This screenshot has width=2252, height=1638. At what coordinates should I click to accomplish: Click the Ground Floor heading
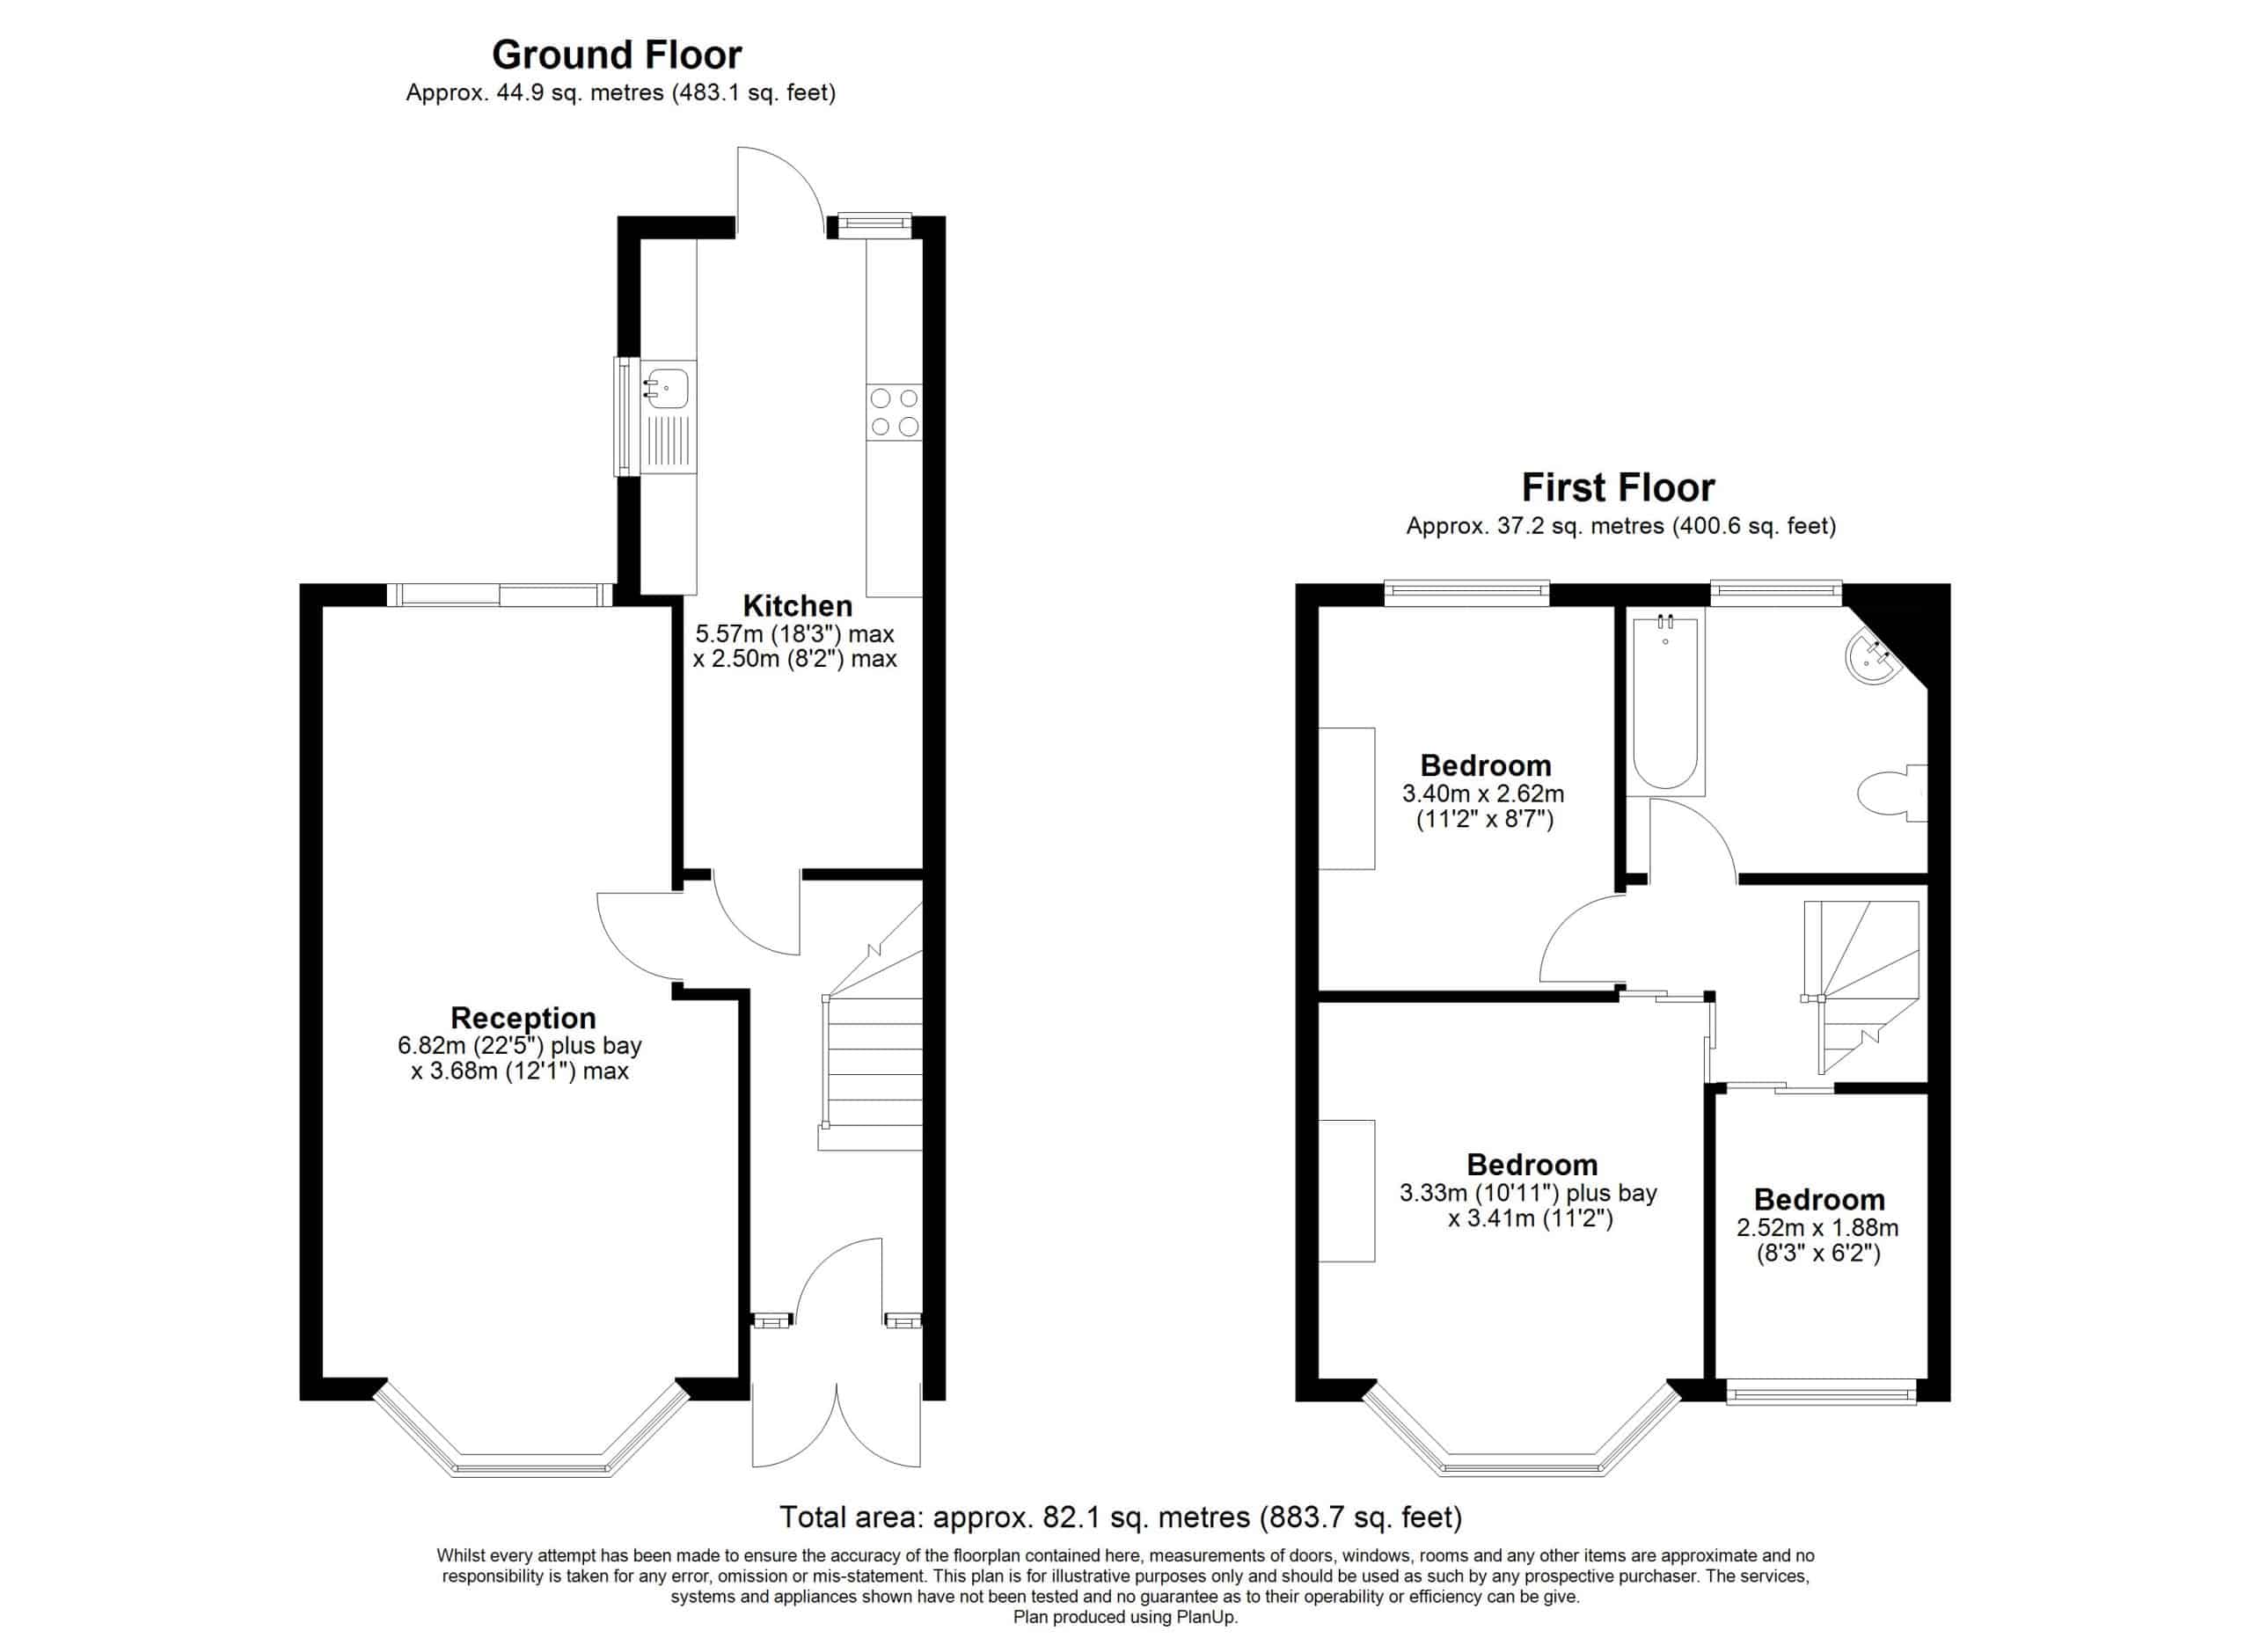tap(617, 55)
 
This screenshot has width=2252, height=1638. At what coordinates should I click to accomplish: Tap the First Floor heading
tap(1619, 487)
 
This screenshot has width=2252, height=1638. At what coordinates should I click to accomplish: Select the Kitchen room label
tap(797, 605)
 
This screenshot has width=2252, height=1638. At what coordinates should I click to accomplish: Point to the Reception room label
tap(523, 1018)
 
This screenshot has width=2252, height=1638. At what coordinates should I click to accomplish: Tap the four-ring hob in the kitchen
tap(895, 412)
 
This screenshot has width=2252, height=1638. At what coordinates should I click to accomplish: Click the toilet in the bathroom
tap(1891, 793)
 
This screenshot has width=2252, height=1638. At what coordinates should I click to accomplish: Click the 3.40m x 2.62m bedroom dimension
tap(1483, 793)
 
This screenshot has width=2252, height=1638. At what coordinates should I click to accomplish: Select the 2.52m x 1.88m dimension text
tap(1817, 1228)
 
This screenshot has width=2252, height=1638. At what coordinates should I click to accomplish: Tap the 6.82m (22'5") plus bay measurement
tap(519, 1045)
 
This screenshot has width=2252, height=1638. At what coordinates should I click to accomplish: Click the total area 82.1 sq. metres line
tap(1120, 1517)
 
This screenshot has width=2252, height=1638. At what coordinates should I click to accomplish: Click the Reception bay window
tap(530, 1439)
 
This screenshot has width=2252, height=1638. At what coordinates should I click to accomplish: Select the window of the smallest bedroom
tap(1821, 1393)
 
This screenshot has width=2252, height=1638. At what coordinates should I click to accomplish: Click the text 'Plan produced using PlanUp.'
tap(1125, 1617)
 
